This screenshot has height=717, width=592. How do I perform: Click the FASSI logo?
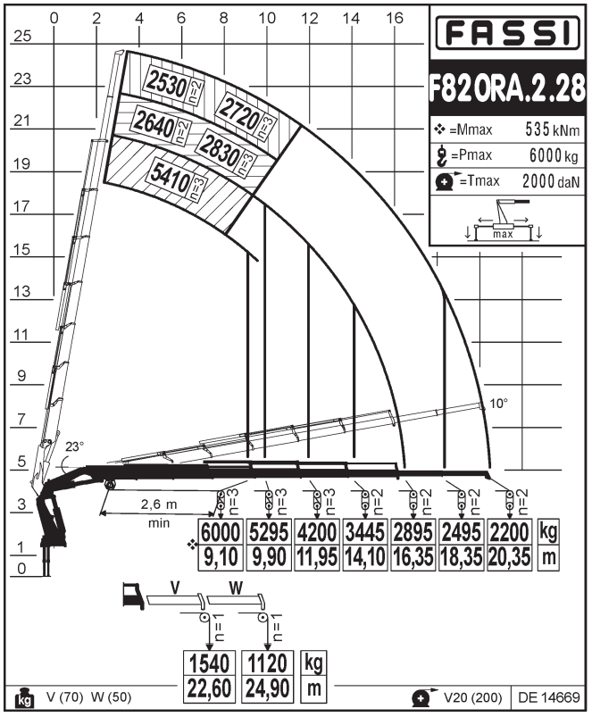[x=507, y=33]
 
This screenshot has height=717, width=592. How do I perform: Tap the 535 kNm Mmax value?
[x=552, y=129]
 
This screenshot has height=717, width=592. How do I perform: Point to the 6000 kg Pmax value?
[x=554, y=155]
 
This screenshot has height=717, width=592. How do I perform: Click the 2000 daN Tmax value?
[x=551, y=181]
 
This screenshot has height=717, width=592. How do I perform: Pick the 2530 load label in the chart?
[x=166, y=83]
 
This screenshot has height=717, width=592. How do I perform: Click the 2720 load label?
[x=239, y=113]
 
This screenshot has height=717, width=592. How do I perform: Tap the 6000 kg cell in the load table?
[x=221, y=531]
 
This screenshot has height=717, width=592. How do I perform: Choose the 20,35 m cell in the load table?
[x=509, y=557]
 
